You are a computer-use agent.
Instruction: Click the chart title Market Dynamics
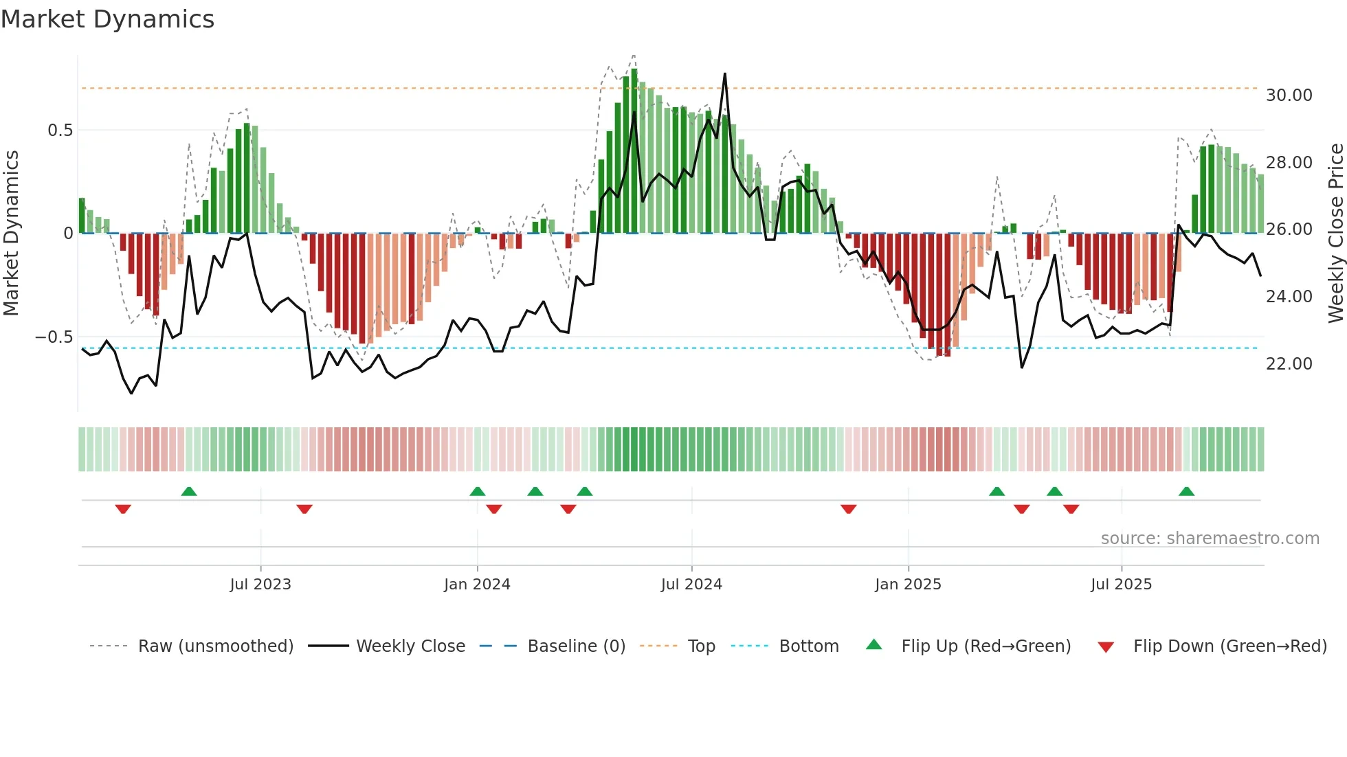click(107, 19)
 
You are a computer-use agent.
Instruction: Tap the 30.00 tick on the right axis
click(1289, 95)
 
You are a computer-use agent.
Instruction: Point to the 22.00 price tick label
click(1289, 363)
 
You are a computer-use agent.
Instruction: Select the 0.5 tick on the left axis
click(60, 130)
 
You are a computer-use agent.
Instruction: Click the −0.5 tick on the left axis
click(54, 337)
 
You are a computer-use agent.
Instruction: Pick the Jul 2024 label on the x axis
click(691, 584)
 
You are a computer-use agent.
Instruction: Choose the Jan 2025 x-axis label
click(908, 584)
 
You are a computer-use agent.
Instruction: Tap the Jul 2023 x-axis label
click(260, 584)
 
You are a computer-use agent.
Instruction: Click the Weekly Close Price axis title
click(1335, 234)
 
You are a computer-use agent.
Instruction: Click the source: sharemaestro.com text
click(1210, 538)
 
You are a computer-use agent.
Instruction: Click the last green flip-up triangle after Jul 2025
click(1186, 491)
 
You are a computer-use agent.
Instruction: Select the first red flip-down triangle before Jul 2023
click(123, 509)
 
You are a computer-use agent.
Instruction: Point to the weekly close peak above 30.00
click(724, 74)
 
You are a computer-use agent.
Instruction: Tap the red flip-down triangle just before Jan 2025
click(848, 509)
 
